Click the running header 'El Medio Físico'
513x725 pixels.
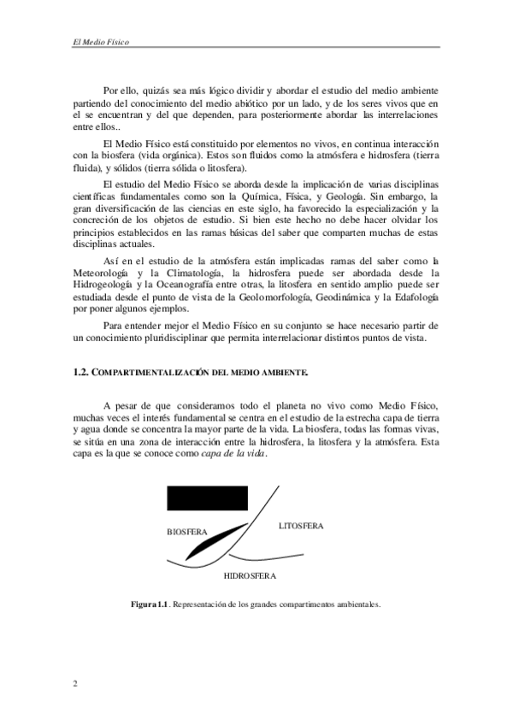pos(95,40)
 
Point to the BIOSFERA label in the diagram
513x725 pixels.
pos(187,531)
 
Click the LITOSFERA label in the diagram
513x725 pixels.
pos(301,525)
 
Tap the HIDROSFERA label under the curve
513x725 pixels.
pos(250,575)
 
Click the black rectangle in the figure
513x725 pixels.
pos(207,498)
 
